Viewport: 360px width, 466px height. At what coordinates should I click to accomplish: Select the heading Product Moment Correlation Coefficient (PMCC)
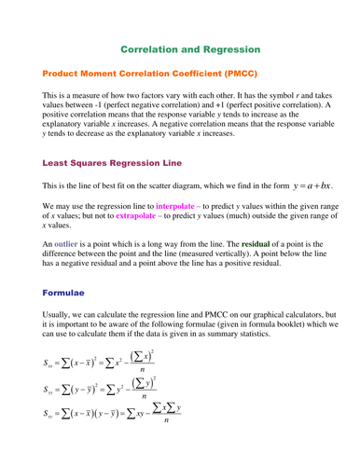click(149, 73)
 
